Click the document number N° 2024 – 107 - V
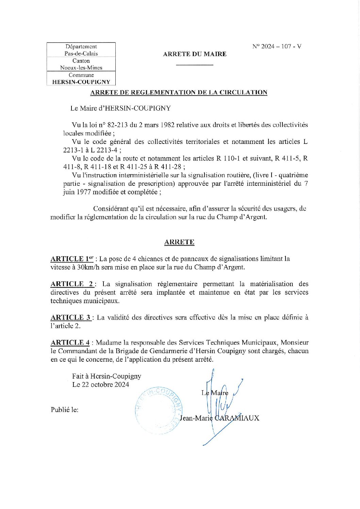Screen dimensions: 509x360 click(277, 47)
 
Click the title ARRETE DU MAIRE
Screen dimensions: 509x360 click(195, 54)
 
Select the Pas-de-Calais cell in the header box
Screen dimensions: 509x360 click(81, 53)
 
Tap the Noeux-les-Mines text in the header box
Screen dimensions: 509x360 click(81, 67)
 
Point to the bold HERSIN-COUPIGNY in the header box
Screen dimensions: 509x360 click(81, 82)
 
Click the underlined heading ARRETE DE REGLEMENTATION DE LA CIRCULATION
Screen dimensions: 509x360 click(179, 92)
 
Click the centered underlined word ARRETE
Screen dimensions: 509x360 click(179, 242)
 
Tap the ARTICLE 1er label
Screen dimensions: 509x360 click(71, 259)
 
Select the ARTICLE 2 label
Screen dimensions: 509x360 click(72, 284)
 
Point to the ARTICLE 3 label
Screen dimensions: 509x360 click(70, 317)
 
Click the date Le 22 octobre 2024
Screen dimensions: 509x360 click(100, 384)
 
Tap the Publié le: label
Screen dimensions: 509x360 click(65, 410)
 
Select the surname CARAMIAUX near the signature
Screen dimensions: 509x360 click(237, 418)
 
